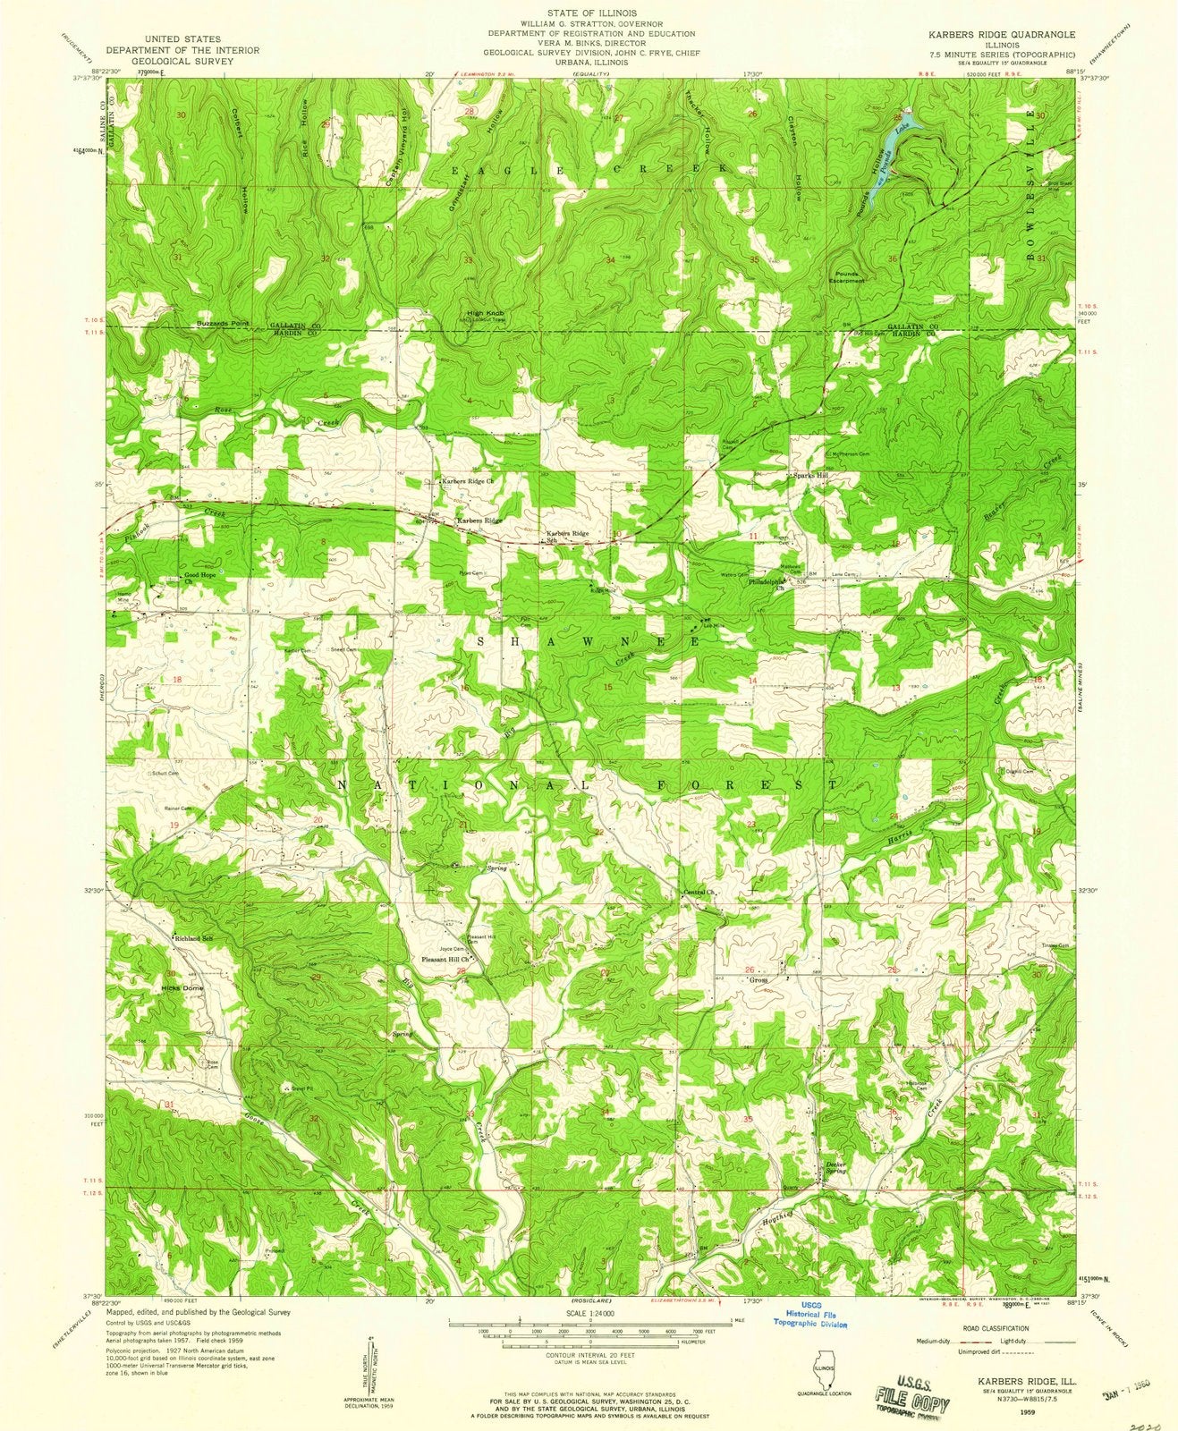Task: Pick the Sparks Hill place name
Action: [810, 476]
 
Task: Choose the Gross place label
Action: [758, 979]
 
